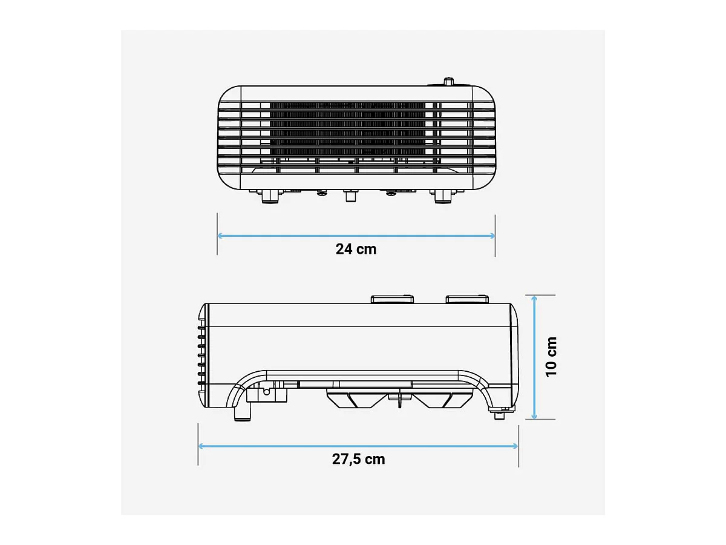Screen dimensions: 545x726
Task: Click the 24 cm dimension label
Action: [x=356, y=249]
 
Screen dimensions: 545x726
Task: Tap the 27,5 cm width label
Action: [x=358, y=459]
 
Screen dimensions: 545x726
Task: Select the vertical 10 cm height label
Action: [x=551, y=357]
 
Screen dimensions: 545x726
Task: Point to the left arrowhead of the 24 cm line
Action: [x=220, y=236]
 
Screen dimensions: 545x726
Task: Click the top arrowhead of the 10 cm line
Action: [x=534, y=298]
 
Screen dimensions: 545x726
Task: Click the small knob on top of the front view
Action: [x=448, y=82]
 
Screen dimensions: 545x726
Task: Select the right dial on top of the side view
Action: [x=466, y=299]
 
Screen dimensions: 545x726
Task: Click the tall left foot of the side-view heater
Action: [x=242, y=412]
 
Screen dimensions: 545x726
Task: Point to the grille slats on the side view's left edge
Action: [x=200, y=357]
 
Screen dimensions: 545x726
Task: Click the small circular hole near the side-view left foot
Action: [x=266, y=392]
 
